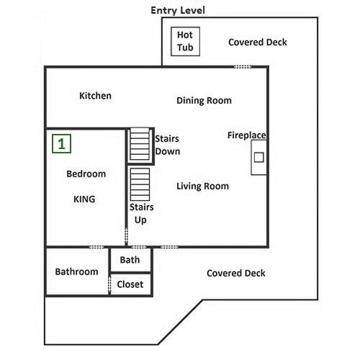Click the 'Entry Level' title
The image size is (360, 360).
[x=178, y=10]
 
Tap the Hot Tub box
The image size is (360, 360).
[x=185, y=42]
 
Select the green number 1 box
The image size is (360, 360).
[x=61, y=144]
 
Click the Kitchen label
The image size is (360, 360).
[x=95, y=96]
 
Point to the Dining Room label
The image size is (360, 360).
[x=204, y=101]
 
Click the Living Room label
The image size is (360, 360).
[x=202, y=186]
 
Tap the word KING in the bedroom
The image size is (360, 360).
[x=84, y=199]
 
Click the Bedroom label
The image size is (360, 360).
[x=86, y=174]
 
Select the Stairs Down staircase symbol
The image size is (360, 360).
[x=140, y=144]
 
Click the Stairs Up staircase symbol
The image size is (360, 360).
[x=140, y=184]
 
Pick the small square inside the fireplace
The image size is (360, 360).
[x=259, y=158]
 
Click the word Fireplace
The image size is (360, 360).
[x=247, y=135]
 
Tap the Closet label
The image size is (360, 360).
[x=130, y=284]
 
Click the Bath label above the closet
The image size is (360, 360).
[x=130, y=260]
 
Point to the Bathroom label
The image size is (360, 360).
[x=76, y=271]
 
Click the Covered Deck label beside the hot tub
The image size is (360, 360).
[x=258, y=42]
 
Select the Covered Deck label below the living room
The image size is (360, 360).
[x=236, y=273]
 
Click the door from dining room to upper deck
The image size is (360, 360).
[x=243, y=67]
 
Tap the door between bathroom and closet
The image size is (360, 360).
[x=109, y=284]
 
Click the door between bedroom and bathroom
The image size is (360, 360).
[x=96, y=247]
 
